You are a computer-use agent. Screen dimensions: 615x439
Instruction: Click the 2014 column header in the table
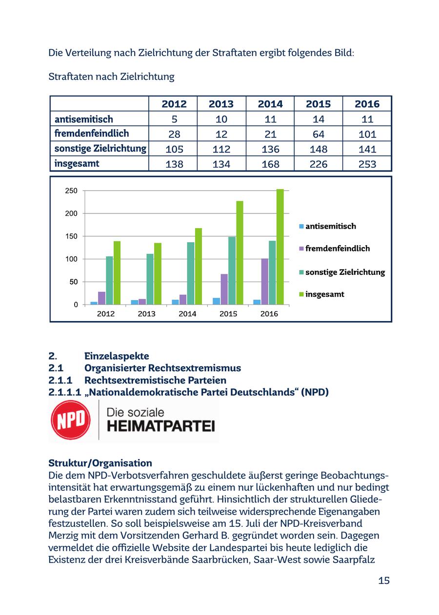tap(270, 104)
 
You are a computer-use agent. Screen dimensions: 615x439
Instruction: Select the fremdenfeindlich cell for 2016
tap(367, 134)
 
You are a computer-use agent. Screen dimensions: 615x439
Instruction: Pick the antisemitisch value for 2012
tap(174, 119)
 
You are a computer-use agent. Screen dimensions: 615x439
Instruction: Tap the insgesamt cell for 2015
tap(319, 164)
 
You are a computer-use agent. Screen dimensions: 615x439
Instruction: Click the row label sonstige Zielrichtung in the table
tap(100, 149)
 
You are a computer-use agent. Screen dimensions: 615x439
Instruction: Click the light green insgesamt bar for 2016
tap(280, 247)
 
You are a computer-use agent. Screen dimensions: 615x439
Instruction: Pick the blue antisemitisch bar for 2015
tap(216, 301)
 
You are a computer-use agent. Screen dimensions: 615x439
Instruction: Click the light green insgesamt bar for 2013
tap(158, 273)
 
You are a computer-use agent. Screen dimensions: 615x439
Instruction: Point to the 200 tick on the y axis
tap(72, 213)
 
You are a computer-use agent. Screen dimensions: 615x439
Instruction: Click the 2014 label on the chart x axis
tap(187, 314)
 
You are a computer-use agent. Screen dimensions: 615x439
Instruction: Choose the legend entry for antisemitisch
tap(330, 226)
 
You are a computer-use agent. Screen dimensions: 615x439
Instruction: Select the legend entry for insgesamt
tap(324, 294)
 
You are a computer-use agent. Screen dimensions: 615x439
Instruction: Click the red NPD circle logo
tap(71, 420)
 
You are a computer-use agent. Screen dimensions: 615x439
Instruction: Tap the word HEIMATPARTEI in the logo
tap(160, 427)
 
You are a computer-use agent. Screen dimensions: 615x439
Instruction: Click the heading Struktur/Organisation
tap(100, 463)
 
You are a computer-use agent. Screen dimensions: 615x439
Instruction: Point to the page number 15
tap(383, 580)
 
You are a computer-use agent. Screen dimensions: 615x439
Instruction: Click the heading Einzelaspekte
tap(117, 356)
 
